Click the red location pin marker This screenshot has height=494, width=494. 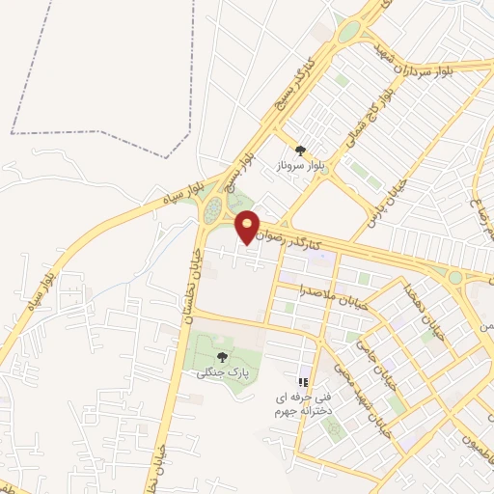click(249, 229)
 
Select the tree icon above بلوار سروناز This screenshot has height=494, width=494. click(300, 150)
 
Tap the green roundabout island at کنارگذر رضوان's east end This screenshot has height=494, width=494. click(454, 278)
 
